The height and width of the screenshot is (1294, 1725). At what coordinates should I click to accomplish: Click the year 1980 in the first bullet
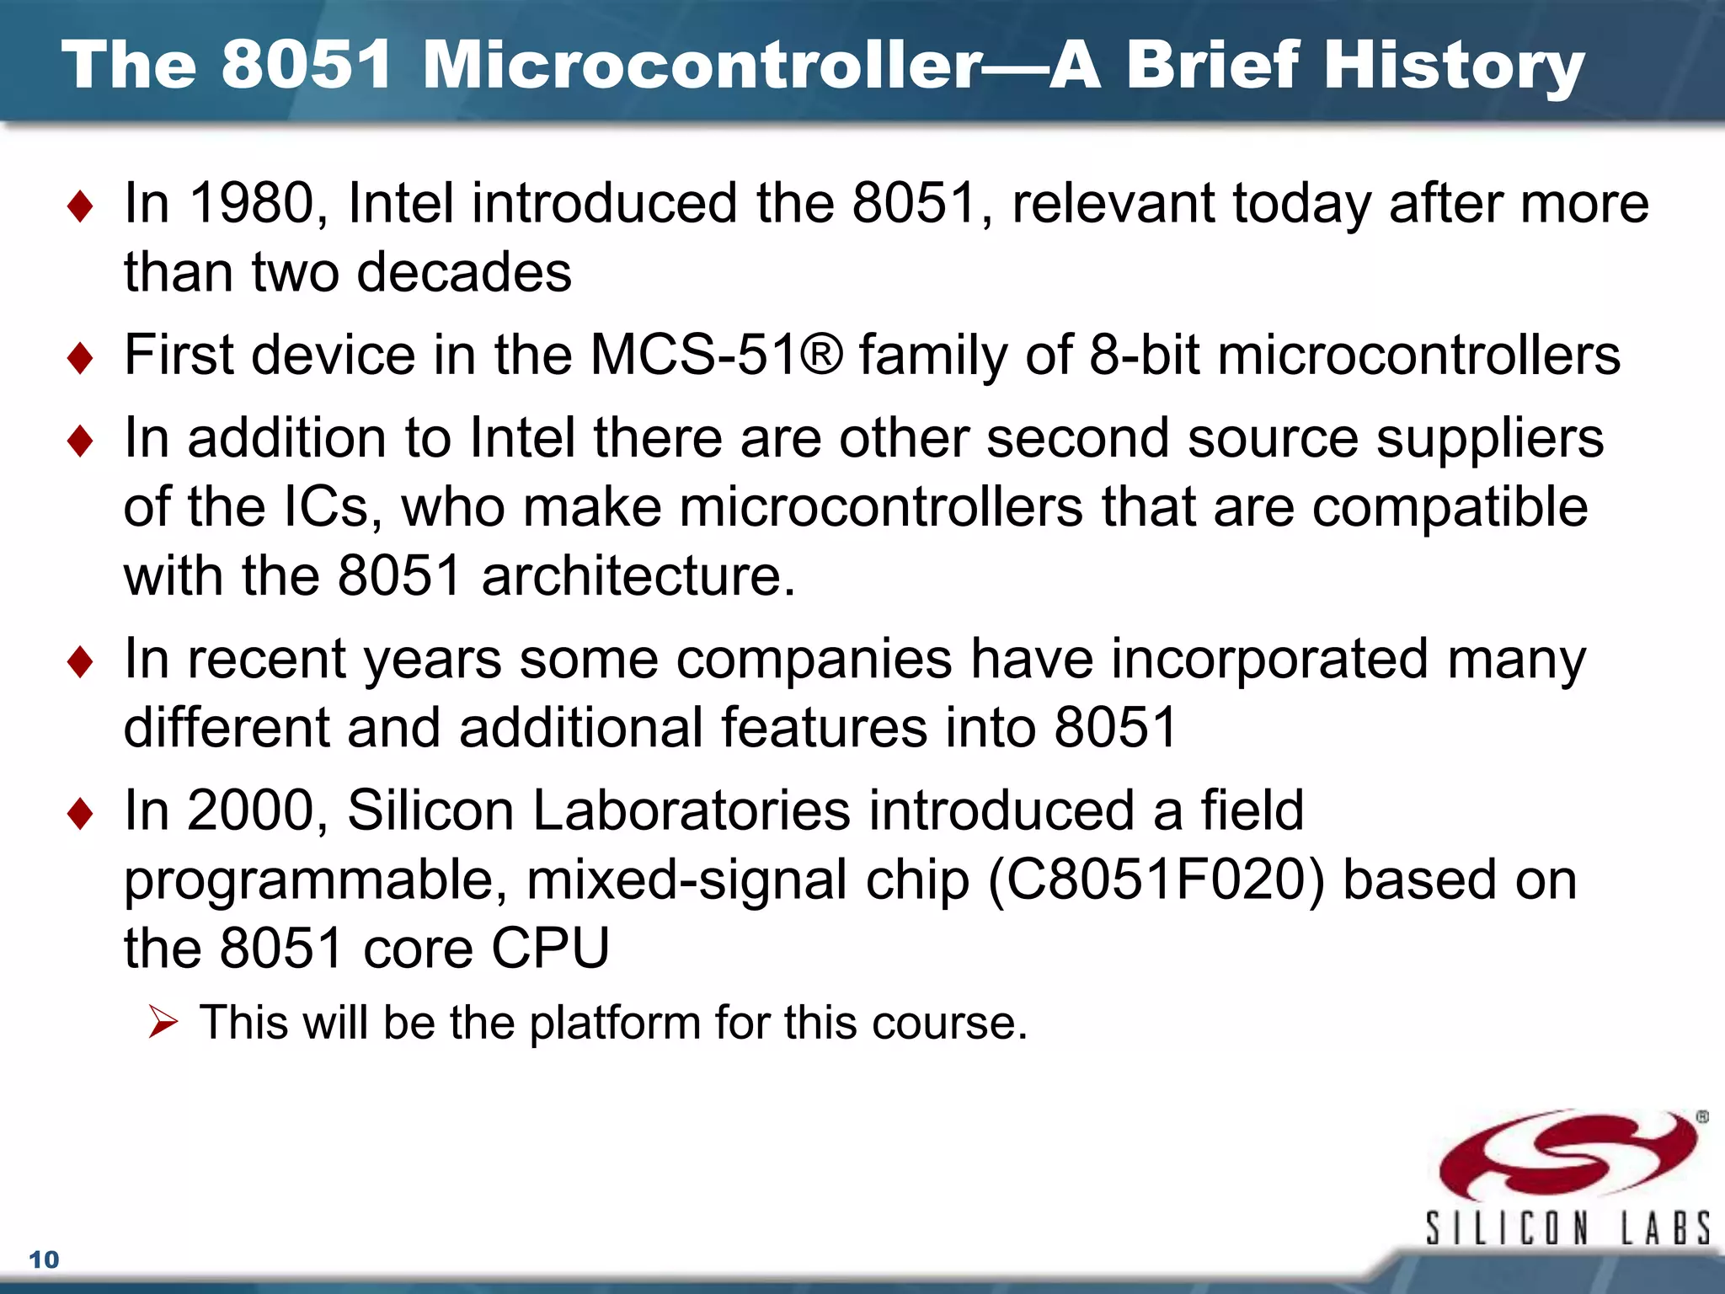252,204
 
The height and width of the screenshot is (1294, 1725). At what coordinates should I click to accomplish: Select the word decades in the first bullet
464,273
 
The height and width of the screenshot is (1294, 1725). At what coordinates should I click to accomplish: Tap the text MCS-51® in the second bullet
716,355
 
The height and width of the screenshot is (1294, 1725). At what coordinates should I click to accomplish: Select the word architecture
638,576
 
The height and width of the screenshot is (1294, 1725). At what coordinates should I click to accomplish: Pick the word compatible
1450,508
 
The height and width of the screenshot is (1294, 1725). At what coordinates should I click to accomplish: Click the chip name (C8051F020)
1156,880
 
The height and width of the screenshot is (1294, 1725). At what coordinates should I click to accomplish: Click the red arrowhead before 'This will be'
163,1022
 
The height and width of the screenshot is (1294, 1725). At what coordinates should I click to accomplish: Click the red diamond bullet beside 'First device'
80,357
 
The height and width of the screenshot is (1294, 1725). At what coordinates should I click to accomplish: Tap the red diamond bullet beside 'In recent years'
80,661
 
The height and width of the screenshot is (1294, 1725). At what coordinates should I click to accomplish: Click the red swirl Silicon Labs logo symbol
1567,1154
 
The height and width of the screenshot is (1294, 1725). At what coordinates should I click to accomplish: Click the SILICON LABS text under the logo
1567,1228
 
